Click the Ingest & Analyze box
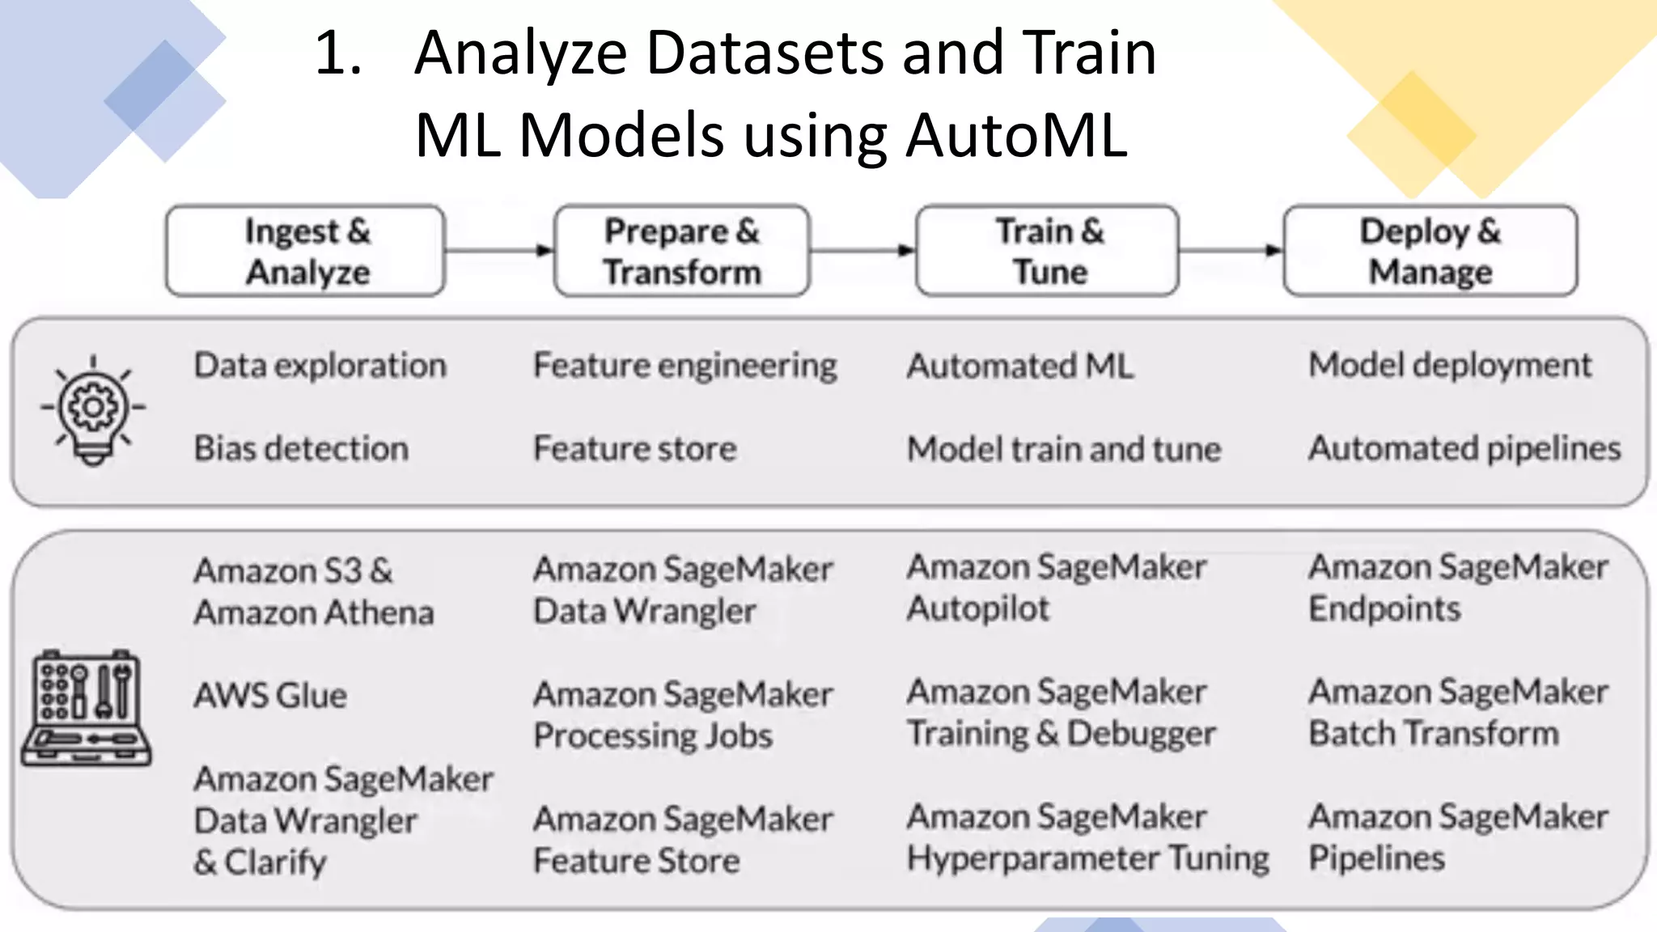tap(305, 251)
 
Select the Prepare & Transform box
tap(681, 251)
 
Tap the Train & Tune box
tap(1047, 251)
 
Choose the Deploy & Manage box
tap(1430, 251)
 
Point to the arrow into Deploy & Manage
tap(1231, 250)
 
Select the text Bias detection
tap(301, 448)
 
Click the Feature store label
tap(635, 448)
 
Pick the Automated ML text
tap(1019, 366)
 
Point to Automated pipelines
tap(1464, 448)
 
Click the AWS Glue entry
tap(270, 696)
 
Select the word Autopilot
tap(977, 608)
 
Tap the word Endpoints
tap(1384, 608)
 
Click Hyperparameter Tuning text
tap(1087, 858)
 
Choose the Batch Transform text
tap(1433, 734)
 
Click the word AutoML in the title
tap(1016, 135)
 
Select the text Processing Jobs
tap(653, 736)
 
